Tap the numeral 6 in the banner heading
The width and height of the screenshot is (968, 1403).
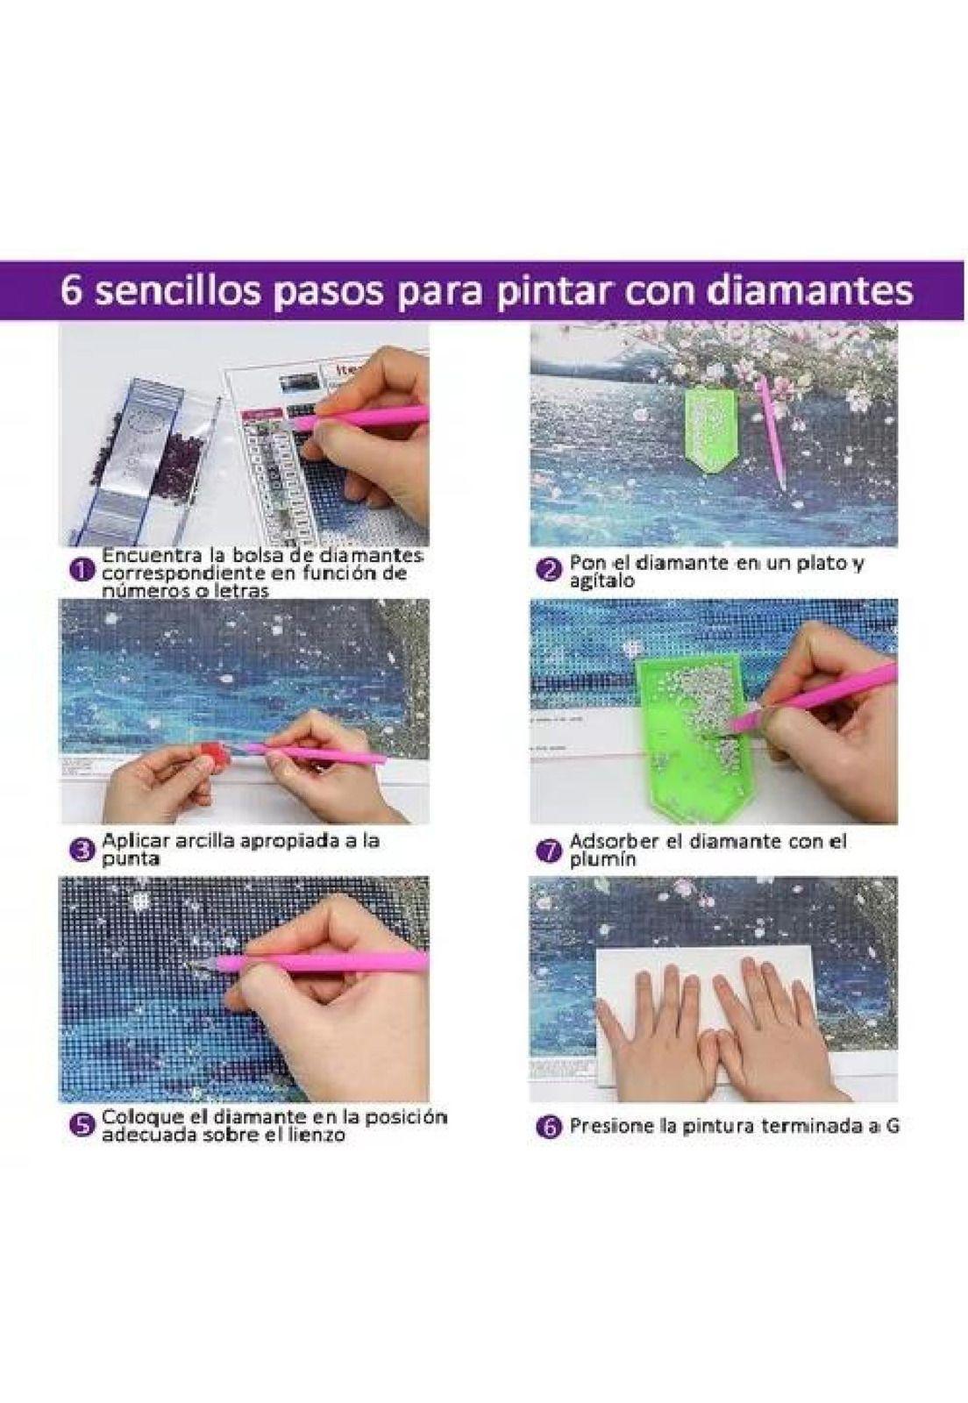pos(72,291)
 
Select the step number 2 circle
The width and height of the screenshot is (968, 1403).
pos(548,570)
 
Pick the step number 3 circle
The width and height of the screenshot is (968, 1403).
pos(81,849)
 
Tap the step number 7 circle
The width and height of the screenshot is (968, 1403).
pos(548,850)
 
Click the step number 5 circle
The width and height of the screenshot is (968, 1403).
pos(81,1126)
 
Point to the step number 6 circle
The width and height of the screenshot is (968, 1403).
pos(548,1127)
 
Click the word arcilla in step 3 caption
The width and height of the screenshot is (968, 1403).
pos(207,840)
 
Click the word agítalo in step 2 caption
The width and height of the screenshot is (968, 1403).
pos(601,580)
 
